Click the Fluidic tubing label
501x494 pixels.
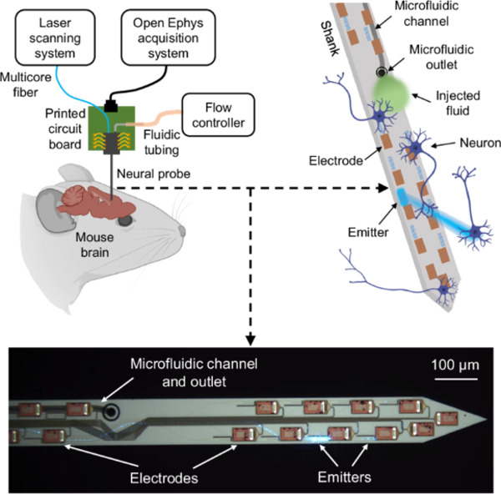pos(168,136)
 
